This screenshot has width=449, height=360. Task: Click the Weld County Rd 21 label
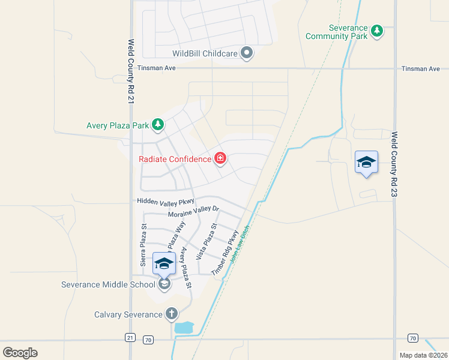[x=130, y=72]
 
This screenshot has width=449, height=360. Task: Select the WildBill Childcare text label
[x=205, y=53]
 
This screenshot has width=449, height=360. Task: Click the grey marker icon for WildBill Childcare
[x=247, y=53]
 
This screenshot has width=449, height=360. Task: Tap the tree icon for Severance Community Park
[x=377, y=30]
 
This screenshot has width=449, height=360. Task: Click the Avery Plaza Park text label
[x=117, y=126]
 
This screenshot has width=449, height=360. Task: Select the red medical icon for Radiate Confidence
[x=220, y=159]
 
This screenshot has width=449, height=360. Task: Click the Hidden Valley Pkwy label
[x=162, y=202]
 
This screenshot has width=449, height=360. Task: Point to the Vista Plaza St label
[x=207, y=241]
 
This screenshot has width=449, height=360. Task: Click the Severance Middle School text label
[x=108, y=284]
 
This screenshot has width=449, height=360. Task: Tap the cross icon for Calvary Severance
[x=172, y=314]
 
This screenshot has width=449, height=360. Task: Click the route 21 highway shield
[x=130, y=338]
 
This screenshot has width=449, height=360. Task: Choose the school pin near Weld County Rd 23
[x=366, y=163]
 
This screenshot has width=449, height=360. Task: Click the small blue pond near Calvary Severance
[x=184, y=328]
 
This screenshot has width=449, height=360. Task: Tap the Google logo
[x=20, y=352]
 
